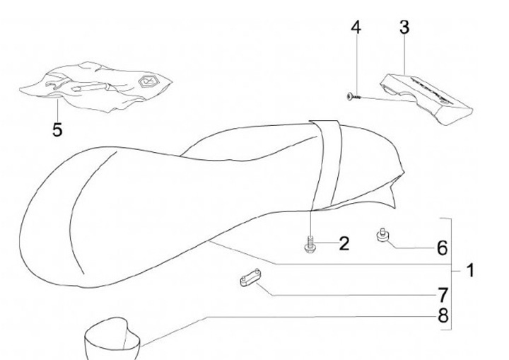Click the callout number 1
470,270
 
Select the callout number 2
344,243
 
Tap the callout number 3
404,28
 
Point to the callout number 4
356,28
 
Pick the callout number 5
57,130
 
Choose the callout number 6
442,248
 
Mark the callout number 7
443,295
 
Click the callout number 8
443,315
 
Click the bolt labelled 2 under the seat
310,244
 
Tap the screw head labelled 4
350,96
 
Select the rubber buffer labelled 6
382,236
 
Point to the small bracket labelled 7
250,277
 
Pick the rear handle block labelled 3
427,98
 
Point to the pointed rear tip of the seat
394,207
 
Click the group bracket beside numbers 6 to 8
450,274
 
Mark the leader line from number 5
57,110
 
